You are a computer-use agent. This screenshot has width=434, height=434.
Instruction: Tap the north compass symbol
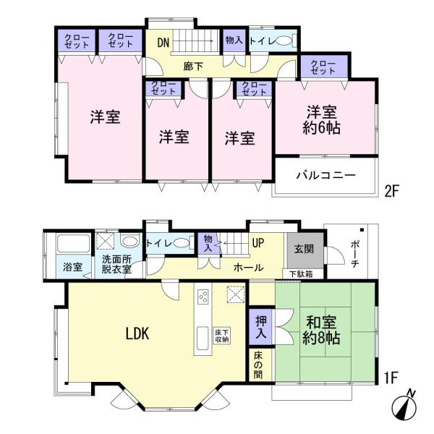(x=405, y=404)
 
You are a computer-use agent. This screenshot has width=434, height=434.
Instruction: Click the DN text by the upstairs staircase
(x=163, y=43)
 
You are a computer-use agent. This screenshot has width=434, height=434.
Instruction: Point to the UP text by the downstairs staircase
(x=258, y=244)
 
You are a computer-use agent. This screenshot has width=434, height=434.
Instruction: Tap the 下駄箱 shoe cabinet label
(x=302, y=273)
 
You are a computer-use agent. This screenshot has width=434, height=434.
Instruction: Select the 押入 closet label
(x=260, y=327)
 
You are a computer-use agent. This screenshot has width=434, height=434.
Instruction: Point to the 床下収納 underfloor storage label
(x=221, y=336)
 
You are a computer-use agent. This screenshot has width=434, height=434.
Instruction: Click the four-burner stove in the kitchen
(x=203, y=297)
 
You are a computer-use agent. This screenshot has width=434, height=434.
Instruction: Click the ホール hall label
(x=248, y=268)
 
